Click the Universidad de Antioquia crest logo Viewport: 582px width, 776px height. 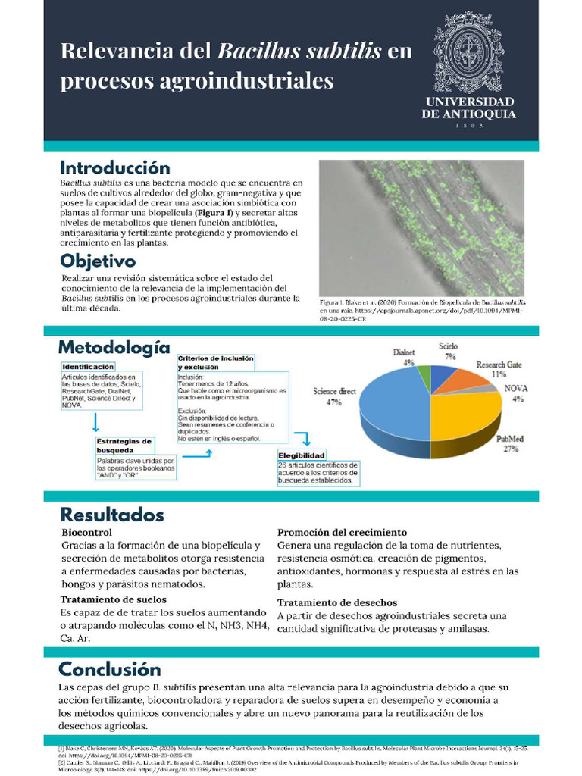pos(468,54)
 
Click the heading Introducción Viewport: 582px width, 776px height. pos(115,167)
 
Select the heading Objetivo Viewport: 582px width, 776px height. pos(98,261)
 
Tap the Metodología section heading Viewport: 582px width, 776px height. pos(114,348)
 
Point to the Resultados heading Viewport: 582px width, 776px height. pos(111,515)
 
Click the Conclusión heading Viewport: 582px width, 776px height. pos(110,669)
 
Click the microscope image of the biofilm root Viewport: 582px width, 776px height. pos(421,227)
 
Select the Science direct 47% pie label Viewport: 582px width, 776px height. pos(334,396)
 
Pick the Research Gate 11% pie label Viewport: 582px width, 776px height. pos(499,369)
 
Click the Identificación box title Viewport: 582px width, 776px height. pos(88,366)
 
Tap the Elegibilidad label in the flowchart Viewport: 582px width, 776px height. pos(302,455)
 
